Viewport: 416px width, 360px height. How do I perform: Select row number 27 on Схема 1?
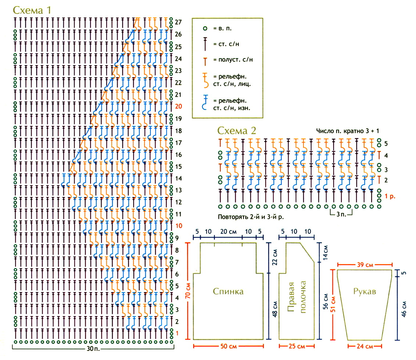click(x=178, y=22)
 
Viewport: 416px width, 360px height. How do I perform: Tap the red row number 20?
click(x=178, y=106)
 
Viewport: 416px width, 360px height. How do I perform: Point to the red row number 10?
click(x=178, y=225)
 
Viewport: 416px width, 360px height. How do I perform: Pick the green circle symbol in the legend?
click(x=205, y=28)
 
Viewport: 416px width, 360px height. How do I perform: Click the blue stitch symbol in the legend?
click(x=205, y=103)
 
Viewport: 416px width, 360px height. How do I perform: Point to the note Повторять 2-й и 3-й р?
click(x=250, y=217)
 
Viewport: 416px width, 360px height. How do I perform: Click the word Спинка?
click(x=228, y=292)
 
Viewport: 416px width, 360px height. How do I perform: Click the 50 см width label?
click(x=228, y=346)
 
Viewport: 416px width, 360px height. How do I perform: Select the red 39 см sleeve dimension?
click(x=364, y=265)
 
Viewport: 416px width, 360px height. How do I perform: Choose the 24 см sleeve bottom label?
click(x=364, y=346)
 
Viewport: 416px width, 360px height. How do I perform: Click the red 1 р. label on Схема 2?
click(x=390, y=196)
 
